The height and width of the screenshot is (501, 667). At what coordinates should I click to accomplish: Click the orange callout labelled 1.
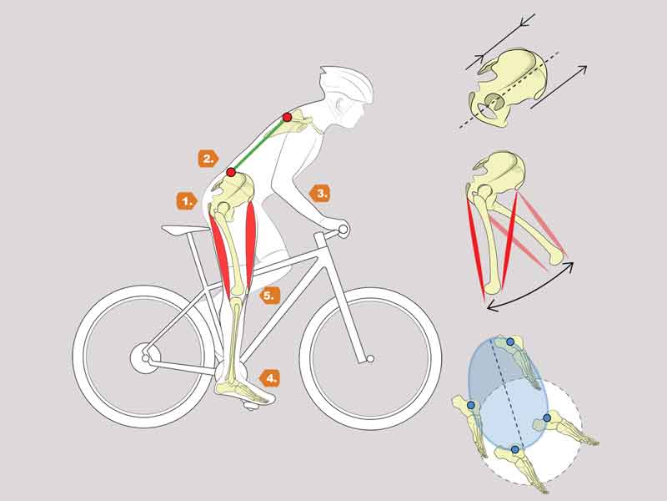coord(187,200)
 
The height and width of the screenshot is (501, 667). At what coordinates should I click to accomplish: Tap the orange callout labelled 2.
coord(208,159)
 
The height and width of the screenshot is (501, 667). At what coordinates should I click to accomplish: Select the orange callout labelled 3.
coord(320,193)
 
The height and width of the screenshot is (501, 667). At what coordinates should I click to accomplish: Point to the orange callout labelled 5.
coord(269,296)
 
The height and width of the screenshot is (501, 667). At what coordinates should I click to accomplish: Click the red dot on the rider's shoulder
coord(287,117)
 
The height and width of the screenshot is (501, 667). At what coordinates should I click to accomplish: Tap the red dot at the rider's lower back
coord(231,172)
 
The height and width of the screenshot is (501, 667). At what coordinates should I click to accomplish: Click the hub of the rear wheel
coord(145,358)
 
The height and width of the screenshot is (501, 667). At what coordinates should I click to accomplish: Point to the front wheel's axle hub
coord(370,359)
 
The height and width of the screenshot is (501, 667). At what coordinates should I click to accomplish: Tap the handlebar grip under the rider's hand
coord(343,230)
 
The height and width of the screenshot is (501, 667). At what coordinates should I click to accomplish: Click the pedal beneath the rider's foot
coord(251,405)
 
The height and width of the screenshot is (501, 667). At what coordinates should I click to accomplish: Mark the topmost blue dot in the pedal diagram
coord(510,342)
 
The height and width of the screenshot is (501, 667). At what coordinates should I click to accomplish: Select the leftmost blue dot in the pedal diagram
coord(471,405)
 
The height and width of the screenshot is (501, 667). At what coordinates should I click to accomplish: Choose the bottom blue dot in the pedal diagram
coord(515,449)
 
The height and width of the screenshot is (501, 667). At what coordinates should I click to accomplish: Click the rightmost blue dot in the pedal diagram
coord(547,417)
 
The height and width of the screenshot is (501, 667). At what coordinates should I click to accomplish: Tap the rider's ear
coord(339,104)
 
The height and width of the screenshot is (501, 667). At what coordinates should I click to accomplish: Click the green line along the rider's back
coord(259,144)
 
